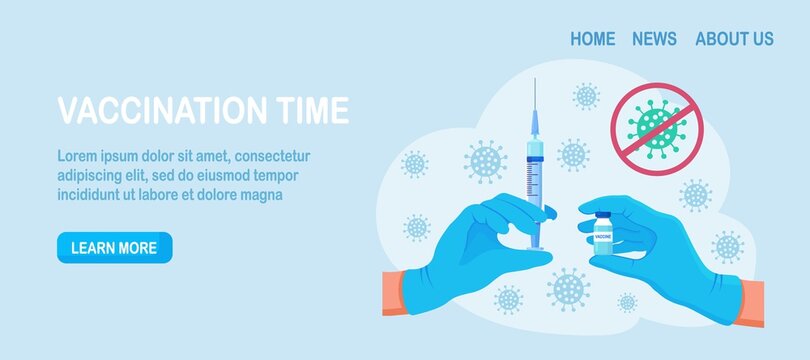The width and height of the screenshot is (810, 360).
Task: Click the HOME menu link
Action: pos(592,39)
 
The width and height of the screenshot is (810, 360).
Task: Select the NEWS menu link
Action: pos(654,39)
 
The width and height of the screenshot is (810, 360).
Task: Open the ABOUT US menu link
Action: pos(734,39)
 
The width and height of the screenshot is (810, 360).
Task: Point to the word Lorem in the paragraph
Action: pos(76,156)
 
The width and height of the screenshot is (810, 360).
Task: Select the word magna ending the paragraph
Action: pos(261,194)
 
